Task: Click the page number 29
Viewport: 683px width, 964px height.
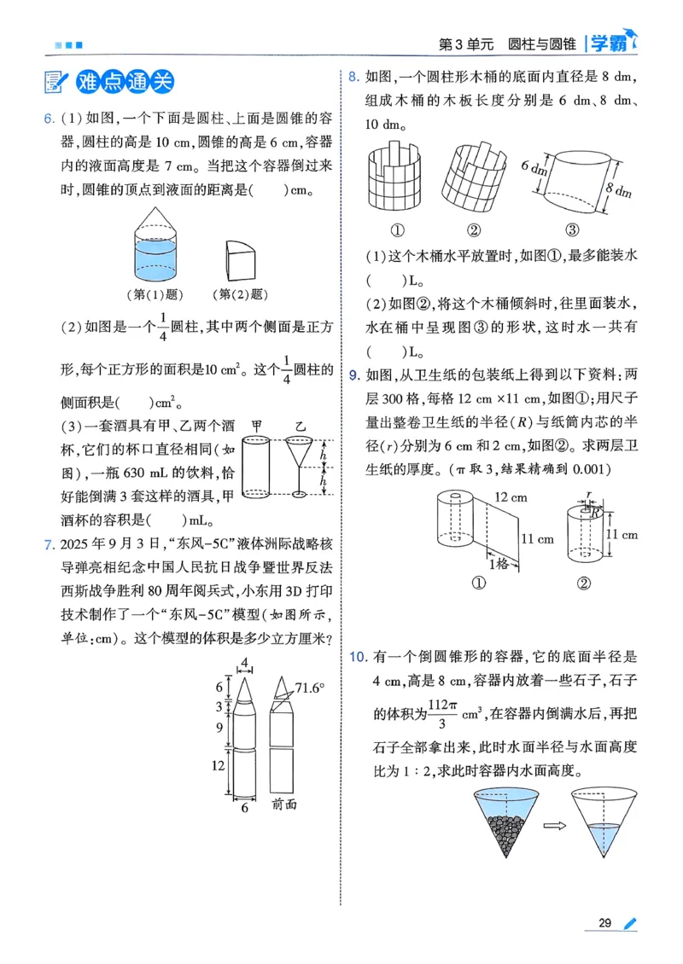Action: [605, 923]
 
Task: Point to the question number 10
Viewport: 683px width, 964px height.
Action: [358, 657]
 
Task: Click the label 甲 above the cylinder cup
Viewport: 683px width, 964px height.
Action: [257, 424]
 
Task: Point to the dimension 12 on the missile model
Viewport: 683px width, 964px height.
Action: [219, 766]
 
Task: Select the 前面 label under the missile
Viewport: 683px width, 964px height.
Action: [283, 804]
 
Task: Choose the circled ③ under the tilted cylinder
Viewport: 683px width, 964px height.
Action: [572, 229]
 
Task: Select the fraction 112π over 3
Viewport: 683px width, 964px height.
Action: [439, 713]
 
